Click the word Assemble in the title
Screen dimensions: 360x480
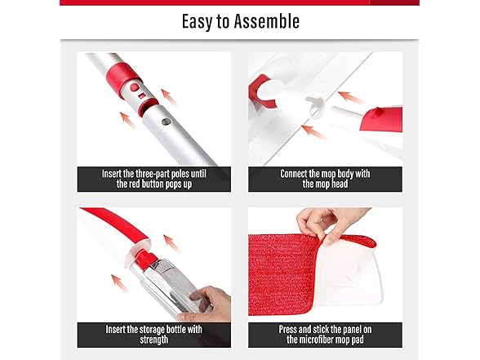pyautogui.click(x=264, y=21)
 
